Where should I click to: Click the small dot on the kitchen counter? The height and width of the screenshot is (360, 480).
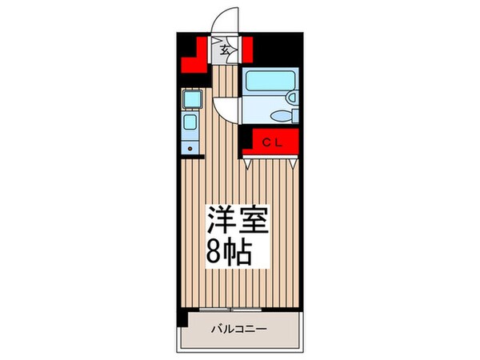point(189,148)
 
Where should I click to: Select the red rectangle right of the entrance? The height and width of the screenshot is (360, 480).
point(248,50)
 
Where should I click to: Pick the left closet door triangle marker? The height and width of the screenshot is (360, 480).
point(250,164)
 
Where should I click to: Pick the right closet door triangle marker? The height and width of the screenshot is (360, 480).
point(294,164)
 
